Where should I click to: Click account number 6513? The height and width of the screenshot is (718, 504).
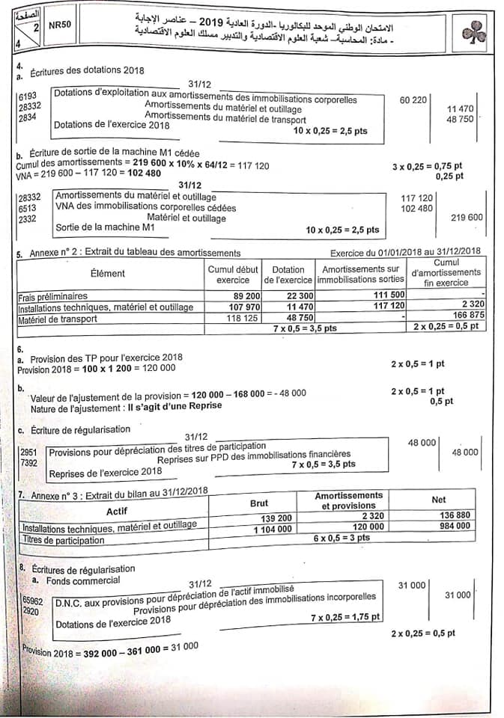(28, 207)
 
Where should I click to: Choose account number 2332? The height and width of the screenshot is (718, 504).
(28, 218)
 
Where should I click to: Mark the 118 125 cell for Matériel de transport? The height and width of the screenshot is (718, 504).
(235, 318)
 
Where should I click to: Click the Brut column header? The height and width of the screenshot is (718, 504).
(258, 503)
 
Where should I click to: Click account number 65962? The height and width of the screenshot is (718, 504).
(32, 600)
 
